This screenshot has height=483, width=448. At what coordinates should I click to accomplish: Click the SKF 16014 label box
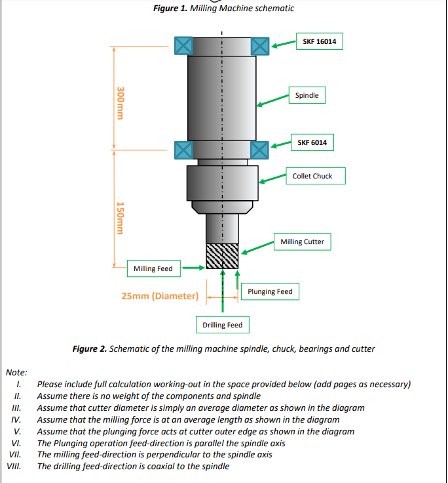point(319,42)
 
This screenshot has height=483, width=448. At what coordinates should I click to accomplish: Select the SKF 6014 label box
point(312,142)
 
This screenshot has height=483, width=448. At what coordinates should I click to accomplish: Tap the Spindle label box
point(307,95)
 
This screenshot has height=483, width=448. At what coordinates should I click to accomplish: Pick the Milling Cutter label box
point(302,241)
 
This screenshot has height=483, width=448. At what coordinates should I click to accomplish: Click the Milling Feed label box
point(153,268)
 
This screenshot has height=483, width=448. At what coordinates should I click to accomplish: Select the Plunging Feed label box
point(270,291)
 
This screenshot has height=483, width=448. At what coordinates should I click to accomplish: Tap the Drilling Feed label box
point(222,325)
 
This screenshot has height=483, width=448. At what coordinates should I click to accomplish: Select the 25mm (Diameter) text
point(160,296)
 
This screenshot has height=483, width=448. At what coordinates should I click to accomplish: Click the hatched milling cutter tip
point(222,256)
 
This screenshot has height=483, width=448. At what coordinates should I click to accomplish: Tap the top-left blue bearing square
point(183,45)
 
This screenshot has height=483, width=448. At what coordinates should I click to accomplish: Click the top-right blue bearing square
point(260,45)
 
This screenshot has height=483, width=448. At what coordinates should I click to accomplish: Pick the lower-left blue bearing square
point(183,149)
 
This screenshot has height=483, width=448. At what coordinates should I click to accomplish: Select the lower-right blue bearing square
point(260,149)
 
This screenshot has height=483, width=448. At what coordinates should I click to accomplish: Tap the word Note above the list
point(16,372)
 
